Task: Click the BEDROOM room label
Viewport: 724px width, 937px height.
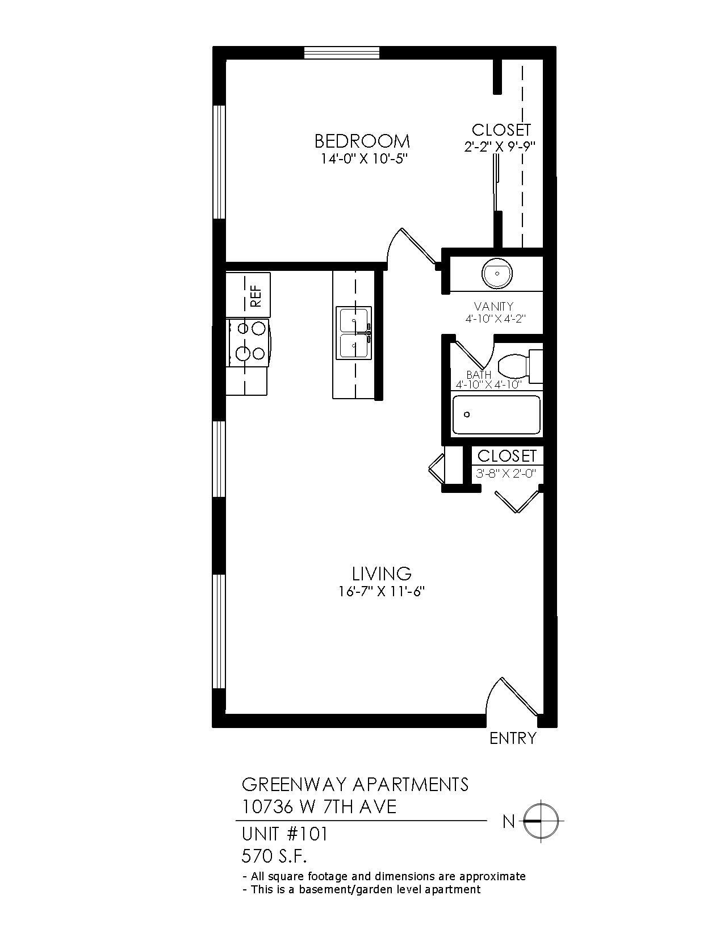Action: pos(362,140)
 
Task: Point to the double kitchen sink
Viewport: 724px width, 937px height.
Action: pos(354,333)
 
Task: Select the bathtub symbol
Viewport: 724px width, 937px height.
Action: pos(496,415)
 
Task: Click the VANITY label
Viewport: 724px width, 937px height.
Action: pos(493,307)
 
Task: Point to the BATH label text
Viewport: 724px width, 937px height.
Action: pos(479,375)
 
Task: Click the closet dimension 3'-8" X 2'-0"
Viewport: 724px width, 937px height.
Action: pos(505,473)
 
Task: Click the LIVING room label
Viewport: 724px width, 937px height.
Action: pos(381,572)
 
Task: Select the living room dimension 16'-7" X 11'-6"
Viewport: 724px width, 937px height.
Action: pos(382,592)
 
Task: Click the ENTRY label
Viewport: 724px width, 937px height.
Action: pos(513,738)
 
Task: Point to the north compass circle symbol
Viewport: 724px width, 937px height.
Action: pos(540,821)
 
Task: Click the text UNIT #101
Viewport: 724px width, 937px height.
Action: pos(285,834)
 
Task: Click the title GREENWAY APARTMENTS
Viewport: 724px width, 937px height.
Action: pos(355,784)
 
